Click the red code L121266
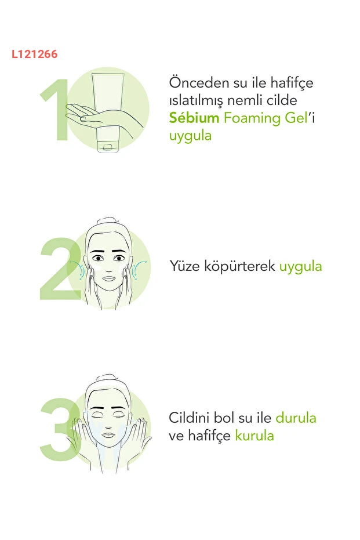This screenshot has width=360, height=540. (x=34, y=54)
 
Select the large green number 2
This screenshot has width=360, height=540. (x=60, y=269)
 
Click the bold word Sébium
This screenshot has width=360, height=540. (x=194, y=118)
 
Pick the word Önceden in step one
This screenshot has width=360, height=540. (x=199, y=82)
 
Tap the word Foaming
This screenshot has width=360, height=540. (x=252, y=119)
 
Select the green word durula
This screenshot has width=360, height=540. (x=296, y=418)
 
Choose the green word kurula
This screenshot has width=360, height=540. (x=254, y=436)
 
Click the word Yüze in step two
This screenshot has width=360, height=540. (x=184, y=266)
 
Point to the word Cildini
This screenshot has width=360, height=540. (x=189, y=418)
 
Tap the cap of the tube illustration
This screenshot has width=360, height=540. (x=108, y=146)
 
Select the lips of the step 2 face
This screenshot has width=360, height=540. (x=108, y=278)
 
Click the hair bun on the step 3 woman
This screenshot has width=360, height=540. (x=107, y=378)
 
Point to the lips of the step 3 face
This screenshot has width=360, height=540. (x=108, y=435)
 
